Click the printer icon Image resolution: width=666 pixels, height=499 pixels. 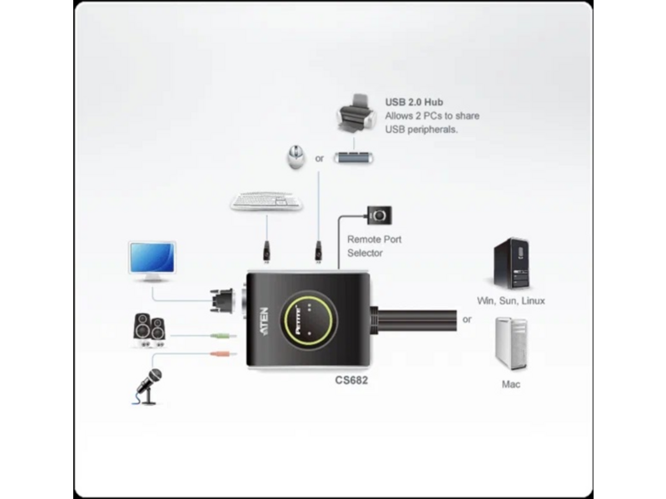coord(356,115)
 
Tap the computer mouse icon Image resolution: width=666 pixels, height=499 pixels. coord(296,156)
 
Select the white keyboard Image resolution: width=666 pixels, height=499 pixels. coord(266,201)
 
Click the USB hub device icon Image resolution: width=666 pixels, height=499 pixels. coord(353,158)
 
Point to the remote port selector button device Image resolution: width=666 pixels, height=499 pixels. coord(380,215)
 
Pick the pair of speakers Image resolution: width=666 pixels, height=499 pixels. coord(150,330)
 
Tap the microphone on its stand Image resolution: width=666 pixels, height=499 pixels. coord(148,386)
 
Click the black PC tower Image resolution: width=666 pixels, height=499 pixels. coord(511,263)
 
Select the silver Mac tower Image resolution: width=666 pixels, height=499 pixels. coord(511,343)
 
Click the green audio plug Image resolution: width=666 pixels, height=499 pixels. coord(223,336)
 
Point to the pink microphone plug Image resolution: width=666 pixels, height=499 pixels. coord(223,353)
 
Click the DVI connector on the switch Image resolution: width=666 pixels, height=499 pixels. coord(222,301)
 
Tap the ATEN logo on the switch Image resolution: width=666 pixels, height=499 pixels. coord(264,322)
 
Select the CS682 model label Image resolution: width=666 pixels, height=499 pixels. coord(351,380)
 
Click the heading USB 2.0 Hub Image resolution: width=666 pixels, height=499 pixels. coord(414,102)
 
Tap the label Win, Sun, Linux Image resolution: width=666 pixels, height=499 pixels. coord(510,301)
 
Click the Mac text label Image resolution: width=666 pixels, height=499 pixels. coord(510,384)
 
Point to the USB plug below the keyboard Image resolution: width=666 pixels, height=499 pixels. coord(266,252)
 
